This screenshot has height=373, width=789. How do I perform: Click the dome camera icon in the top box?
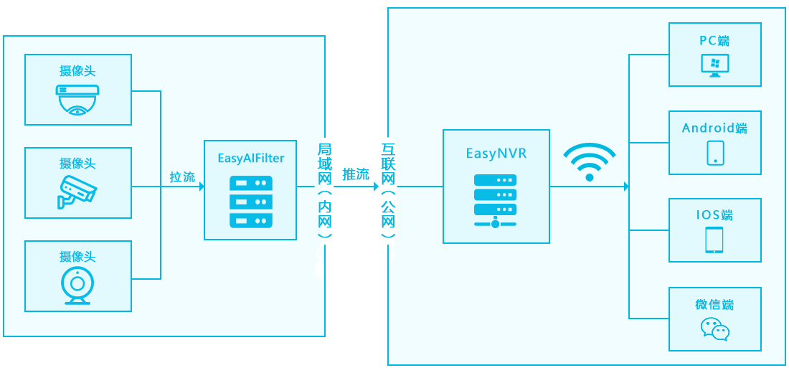pyautogui.click(x=77, y=99)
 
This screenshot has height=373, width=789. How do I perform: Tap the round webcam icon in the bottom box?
pyautogui.click(x=77, y=285)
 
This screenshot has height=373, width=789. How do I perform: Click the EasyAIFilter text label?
pyautogui.click(x=250, y=158)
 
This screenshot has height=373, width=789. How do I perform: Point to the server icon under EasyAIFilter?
pyautogui.click(x=250, y=202)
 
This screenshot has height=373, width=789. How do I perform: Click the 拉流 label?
pyautogui.click(x=182, y=176)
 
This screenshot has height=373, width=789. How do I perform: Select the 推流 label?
pyautogui.click(x=356, y=174)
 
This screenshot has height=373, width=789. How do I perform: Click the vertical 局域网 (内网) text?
pyautogui.click(x=324, y=189)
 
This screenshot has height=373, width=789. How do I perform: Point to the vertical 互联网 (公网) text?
pyautogui.click(x=388, y=189)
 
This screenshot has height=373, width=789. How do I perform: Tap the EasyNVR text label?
pyautogui.click(x=496, y=153)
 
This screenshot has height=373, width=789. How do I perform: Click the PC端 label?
pyautogui.click(x=715, y=41)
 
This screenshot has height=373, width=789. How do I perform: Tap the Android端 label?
pyautogui.click(x=714, y=128)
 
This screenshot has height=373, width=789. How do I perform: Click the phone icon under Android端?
pyautogui.click(x=715, y=152)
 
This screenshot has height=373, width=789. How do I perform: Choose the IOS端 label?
pyautogui.click(x=714, y=215)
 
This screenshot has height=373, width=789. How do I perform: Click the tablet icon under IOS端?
pyautogui.click(x=714, y=240)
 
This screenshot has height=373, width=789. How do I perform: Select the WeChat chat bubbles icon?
pyautogui.click(x=714, y=329)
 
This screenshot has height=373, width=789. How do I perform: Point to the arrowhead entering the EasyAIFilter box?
pyautogui.click(x=201, y=187)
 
